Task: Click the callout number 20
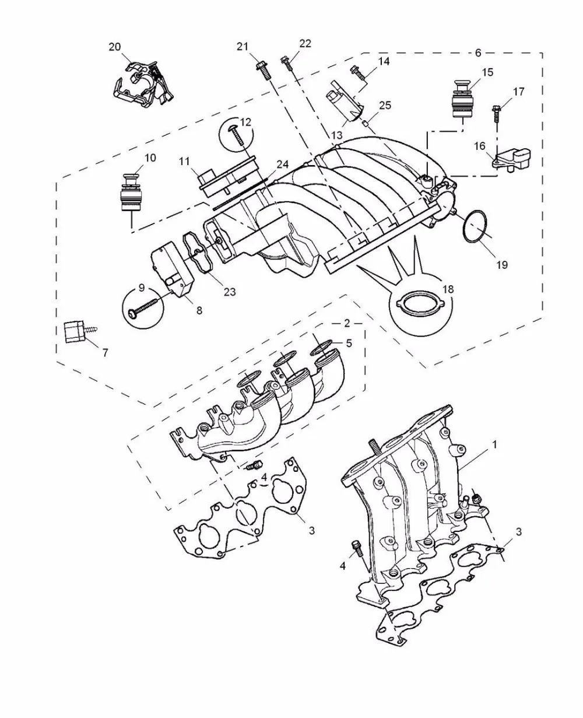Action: (115, 47)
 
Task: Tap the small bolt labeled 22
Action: (287, 63)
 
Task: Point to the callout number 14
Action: (384, 61)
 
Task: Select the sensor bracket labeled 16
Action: (513, 161)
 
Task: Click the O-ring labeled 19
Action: (475, 226)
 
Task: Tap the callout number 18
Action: (448, 289)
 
